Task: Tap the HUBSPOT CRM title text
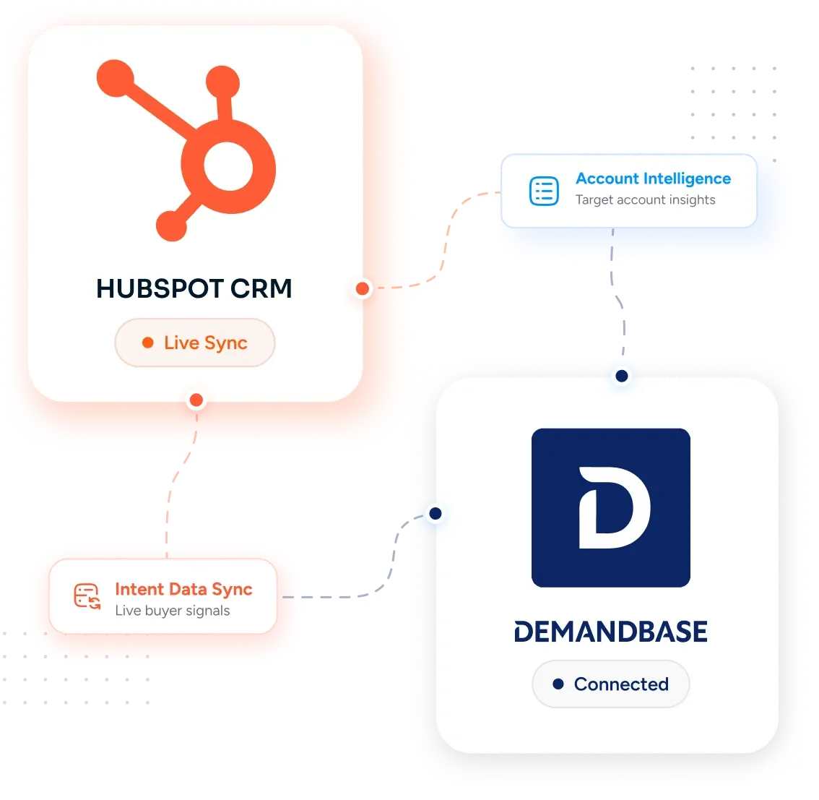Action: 194,288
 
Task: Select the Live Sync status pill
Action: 195,343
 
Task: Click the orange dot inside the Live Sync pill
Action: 148,343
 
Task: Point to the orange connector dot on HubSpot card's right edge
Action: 363,288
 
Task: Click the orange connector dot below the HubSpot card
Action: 196,400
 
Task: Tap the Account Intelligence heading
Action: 653,179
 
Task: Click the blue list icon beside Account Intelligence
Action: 545,191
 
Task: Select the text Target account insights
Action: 645,200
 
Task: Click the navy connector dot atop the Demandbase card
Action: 622,376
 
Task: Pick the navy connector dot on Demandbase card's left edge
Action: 435,513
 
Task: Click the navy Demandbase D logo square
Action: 610,508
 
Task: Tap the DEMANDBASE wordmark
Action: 610,631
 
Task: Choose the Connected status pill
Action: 610,684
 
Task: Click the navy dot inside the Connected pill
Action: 558,684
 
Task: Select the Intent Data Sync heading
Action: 183,590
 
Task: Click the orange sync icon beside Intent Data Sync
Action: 87,596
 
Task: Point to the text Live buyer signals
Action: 173,611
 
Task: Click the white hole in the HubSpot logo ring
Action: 228,167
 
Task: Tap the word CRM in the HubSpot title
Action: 261,288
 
